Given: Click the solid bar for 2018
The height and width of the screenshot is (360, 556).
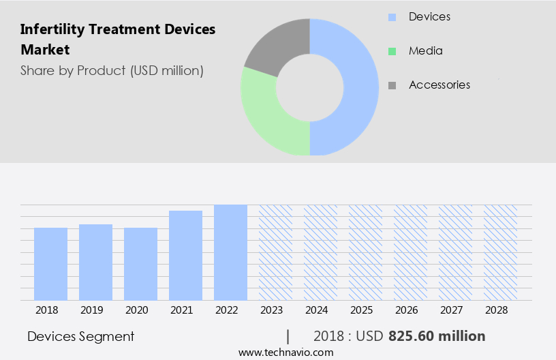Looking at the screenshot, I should tap(50, 264).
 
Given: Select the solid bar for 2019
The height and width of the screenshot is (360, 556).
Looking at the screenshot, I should tap(95, 262).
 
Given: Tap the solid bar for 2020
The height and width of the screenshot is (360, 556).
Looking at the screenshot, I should tap(140, 264).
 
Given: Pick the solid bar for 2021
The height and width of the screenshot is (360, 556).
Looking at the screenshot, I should tap(185, 256).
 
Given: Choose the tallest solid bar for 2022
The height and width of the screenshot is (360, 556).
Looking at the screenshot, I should tap(230, 252).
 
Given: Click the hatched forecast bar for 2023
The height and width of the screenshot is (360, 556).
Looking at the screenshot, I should tap(275, 252).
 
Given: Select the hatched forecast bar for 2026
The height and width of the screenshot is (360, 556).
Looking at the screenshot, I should tap(410, 252).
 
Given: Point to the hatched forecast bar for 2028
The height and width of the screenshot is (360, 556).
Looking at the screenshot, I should tap(500, 252).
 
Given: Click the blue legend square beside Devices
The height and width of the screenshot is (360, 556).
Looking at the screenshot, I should tap(392, 16).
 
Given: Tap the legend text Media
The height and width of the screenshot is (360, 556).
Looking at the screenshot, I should tap(425, 50).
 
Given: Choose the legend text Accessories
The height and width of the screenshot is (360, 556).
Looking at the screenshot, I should tap(439, 85).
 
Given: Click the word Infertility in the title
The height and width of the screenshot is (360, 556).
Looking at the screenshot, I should tap(52, 29).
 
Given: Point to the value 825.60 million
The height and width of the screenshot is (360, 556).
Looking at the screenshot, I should tap(437, 336).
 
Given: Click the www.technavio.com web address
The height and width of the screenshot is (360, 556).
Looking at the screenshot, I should tap(285, 352).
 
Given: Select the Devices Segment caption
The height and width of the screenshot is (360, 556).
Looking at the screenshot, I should tap(80, 336).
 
